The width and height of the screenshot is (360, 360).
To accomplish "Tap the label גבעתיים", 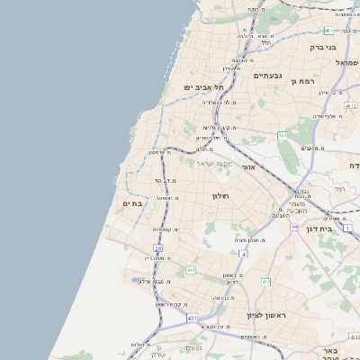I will click(x=268, y=76).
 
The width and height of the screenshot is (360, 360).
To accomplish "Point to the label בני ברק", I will click(x=322, y=47).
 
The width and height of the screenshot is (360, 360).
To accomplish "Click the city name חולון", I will click(x=220, y=195).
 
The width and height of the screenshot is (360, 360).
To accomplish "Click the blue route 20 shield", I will click(x=157, y=247).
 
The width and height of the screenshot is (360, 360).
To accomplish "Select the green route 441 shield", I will click(x=191, y=270).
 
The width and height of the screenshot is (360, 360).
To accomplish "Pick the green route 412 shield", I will click(x=265, y=282).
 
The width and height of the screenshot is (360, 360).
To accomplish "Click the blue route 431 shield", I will click(x=192, y=318).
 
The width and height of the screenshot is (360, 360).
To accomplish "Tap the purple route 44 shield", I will click(x=294, y=227).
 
